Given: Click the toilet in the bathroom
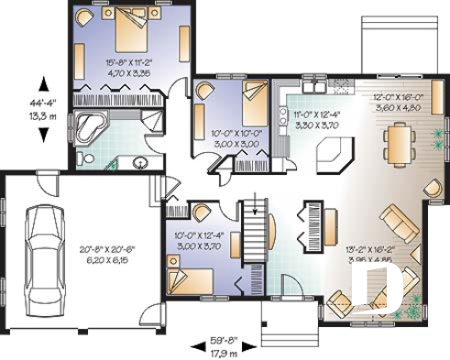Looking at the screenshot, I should [85, 159].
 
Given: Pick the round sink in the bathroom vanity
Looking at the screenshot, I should [140, 164].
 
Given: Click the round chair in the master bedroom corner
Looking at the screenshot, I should [83, 17].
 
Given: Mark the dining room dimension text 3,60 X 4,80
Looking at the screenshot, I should [397, 106].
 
